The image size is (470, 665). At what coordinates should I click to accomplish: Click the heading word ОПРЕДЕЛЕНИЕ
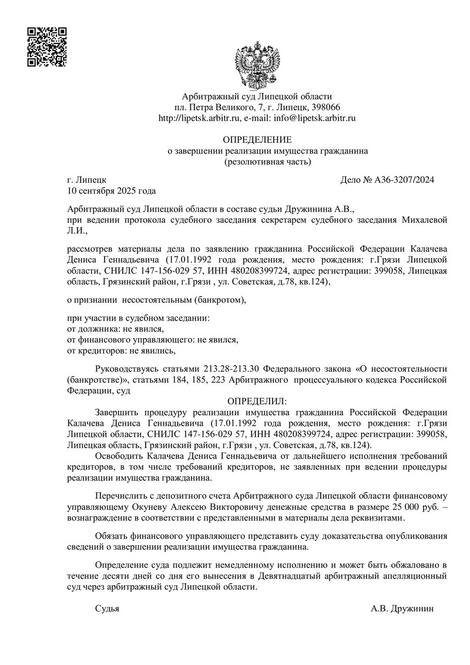pos(257,140)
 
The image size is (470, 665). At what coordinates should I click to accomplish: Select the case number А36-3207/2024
pos(404,180)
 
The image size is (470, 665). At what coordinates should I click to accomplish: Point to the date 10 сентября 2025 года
pos(112,191)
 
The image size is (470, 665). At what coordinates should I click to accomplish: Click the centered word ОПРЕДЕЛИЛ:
pos(257,401)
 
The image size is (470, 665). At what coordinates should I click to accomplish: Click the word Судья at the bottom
pos(107,609)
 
